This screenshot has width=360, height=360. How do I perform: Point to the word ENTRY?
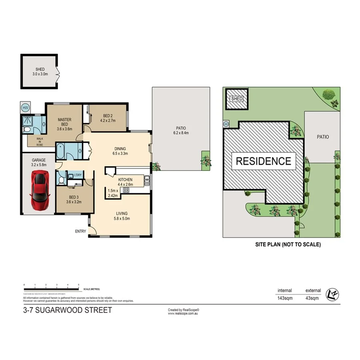tap(80, 231)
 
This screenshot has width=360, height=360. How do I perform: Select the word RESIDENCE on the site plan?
tap(263, 161)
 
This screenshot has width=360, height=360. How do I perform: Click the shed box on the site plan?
tap(237, 99)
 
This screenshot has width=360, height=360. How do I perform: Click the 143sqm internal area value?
tap(285, 298)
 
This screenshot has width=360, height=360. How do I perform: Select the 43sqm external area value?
tap(312, 298)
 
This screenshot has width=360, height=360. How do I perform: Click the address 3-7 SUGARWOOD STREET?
tap(68, 310)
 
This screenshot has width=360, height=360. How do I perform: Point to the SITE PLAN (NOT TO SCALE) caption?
tap(288, 244)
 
